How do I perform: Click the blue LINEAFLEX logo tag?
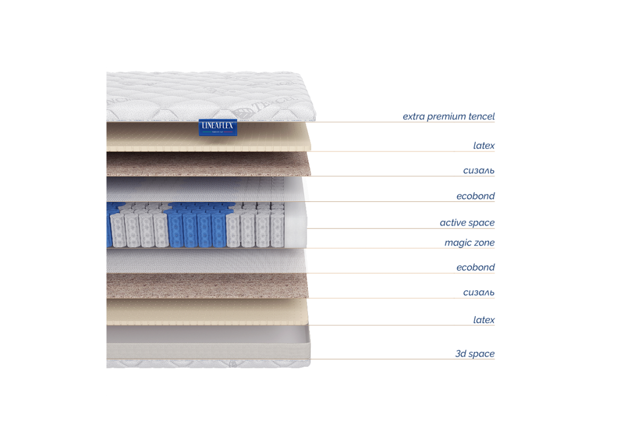click(x=218, y=127)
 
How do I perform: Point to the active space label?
click(x=467, y=223)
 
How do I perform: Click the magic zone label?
click(x=469, y=243)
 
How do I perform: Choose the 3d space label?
click(x=475, y=354)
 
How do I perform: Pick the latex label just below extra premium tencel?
click(x=484, y=145)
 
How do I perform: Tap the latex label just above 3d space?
click(x=484, y=320)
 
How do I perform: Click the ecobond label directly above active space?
click(x=476, y=196)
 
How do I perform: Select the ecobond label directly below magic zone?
click(x=476, y=267)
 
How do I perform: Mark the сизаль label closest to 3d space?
click(x=479, y=292)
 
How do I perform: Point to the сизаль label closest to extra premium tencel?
click(x=479, y=170)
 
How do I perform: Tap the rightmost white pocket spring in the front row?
click(x=277, y=230)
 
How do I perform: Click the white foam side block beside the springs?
click(x=296, y=225)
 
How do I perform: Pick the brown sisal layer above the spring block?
click(x=208, y=164)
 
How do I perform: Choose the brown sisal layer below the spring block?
click(x=207, y=285)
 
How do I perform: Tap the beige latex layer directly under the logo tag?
click(x=208, y=137)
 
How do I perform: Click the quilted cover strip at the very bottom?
click(x=208, y=364)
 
